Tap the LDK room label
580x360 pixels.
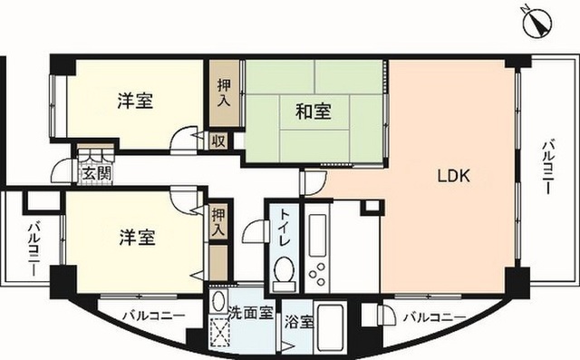pyautogui.click(x=453, y=176)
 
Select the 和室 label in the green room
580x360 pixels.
pyautogui.click(x=314, y=112)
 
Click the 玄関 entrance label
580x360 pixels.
pyautogui.click(x=97, y=173)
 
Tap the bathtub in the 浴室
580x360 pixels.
pyautogui.click(x=331, y=328)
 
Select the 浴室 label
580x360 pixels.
pyautogui.click(x=299, y=322)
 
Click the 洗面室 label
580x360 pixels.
pyautogui.click(x=250, y=313)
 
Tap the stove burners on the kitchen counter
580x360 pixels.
pyautogui.click(x=318, y=274)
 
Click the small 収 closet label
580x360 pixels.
pyautogui.click(x=218, y=141)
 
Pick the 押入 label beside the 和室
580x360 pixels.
pyautogui.click(x=224, y=92)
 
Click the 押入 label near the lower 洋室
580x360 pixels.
pyautogui.click(x=218, y=221)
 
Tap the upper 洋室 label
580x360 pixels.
pyautogui.click(x=135, y=101)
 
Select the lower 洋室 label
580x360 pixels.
pyautogui.click(x=137, y=238)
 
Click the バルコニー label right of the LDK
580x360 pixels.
pyautogui.click(x=547, y=167)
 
